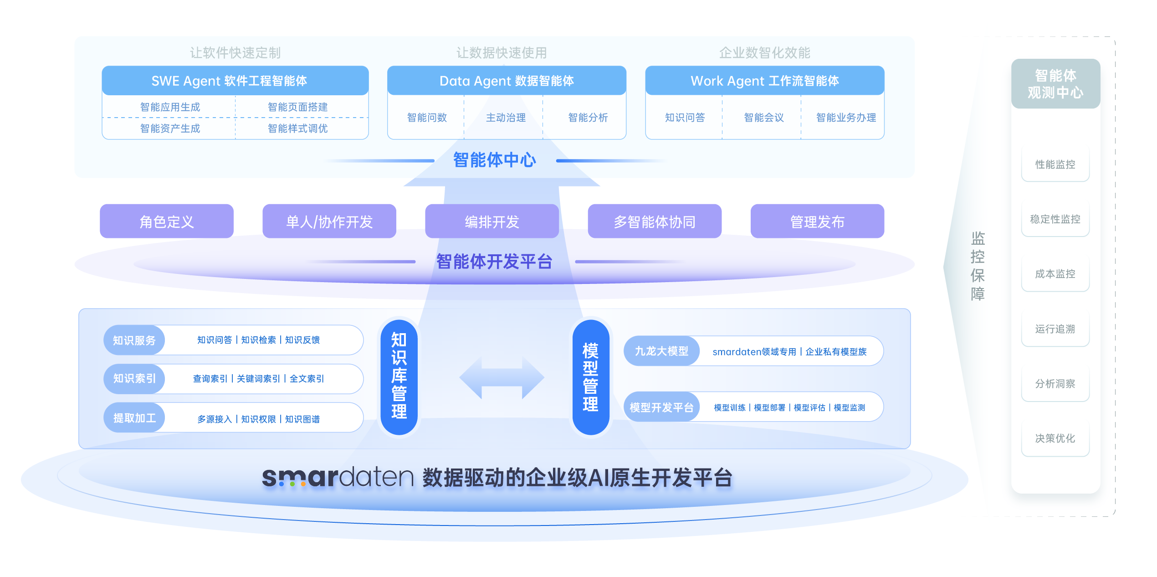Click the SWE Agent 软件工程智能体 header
click(x=235, y=81)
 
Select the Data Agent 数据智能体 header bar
click(x=506, y=81)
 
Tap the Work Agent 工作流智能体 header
click(x=764, y=81)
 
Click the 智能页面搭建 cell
click(x=297, y=107)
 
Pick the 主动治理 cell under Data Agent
click(x=505, y=118)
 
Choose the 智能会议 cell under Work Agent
click(x=763, y=118)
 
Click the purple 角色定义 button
click(x=166, y=222)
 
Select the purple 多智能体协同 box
click(x=654, y=222)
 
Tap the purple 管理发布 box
click(x=817, y=222)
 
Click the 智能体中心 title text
click(x=494, y=160)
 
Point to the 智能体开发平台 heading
click(x=494, y=262)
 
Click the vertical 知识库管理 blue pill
click(x=399, y=377)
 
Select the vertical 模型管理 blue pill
click(x=590, y=377)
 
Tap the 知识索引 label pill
click(x=134, y=379)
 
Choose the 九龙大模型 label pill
click(x=661, y=351)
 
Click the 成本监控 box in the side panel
click(x=1055, y=274)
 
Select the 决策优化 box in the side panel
click(x=1055, y=438)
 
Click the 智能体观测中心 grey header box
click(x=1055, y=84)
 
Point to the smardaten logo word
click(x=338, y=477)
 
